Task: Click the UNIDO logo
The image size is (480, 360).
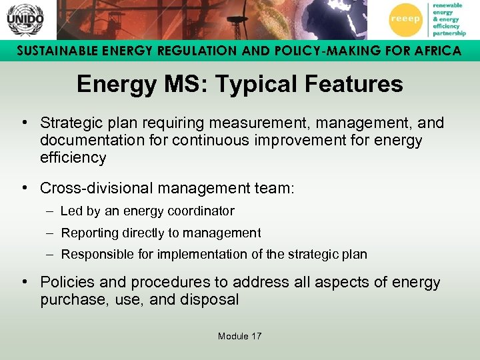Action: [25, 20]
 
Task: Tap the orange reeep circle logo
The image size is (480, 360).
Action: [405, 20]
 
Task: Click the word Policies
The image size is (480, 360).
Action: [65, 283]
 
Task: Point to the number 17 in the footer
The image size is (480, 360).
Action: [256, 336]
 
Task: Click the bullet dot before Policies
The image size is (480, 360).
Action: [24, 281]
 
